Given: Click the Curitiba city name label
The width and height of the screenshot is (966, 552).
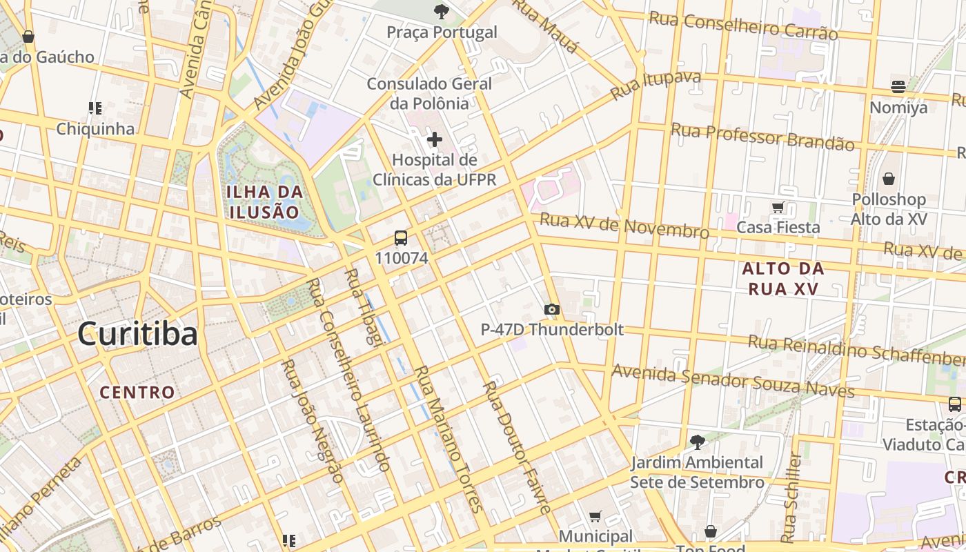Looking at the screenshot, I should tap(137, 334).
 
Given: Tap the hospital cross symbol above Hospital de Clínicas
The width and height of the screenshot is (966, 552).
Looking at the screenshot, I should tap(434, 140).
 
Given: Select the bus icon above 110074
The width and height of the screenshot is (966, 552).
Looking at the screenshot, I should tap(401, 239).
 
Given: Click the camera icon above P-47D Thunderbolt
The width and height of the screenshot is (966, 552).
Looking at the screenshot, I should tap(551, 310).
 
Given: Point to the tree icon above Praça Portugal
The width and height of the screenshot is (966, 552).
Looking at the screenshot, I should tap(441, 12).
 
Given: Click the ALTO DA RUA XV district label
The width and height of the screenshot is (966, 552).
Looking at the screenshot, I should tap(783, 279).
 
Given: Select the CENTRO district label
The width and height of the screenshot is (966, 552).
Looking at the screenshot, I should tap(137, 393).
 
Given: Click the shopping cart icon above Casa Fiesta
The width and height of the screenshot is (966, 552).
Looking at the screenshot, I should tap(778, 208).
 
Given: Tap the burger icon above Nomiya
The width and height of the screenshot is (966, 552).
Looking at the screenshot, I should tap(898, 87).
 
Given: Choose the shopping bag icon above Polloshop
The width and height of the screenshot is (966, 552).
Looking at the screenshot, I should tap(889, 179).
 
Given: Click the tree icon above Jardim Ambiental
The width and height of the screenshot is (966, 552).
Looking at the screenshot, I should tap(697, 442).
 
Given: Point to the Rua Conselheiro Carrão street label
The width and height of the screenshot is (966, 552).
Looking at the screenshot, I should tap(744, 26).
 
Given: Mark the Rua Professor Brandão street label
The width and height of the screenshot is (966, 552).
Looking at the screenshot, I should tap(762, 137).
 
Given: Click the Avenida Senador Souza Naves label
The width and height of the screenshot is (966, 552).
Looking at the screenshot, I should tap(733, 382).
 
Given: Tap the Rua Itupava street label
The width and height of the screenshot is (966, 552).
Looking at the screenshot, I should tap(656, 84).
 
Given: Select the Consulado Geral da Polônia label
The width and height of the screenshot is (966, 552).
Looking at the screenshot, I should tap(429, 94).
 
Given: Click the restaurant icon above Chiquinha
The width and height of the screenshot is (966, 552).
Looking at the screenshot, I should tap(95, 108).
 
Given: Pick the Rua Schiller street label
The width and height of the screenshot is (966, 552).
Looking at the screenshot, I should tap(791, 497).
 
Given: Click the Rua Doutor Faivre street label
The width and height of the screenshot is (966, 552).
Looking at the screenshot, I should tap(517, 447).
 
